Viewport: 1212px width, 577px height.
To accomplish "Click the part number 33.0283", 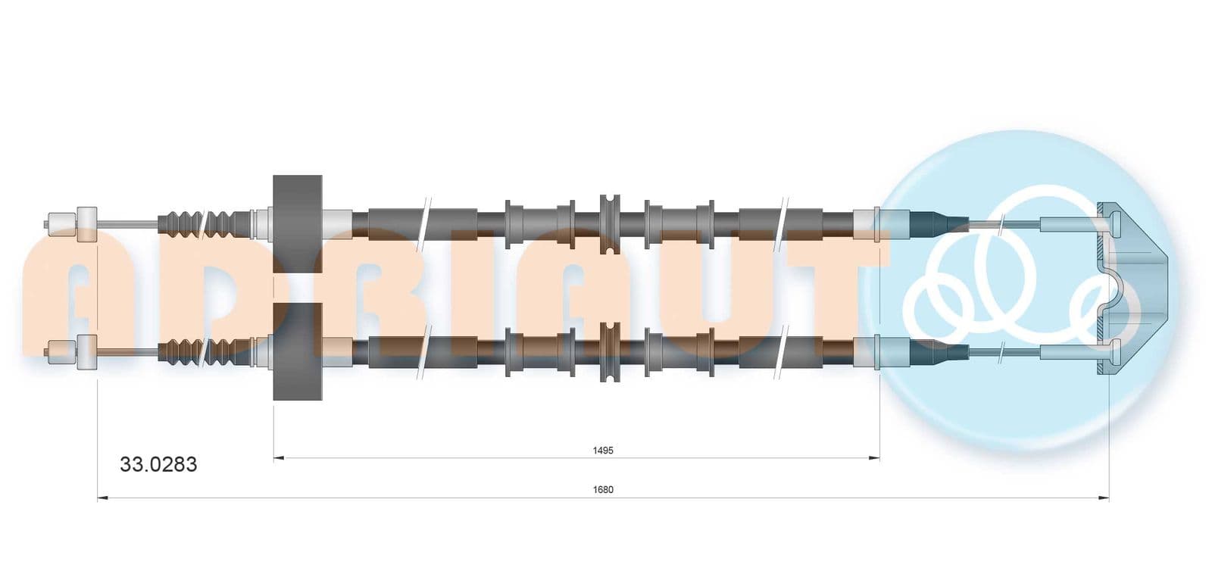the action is tap(158, 464).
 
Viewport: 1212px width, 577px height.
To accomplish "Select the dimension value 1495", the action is tap(603, 451).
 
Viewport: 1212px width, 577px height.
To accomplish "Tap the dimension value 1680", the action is tap(603, 490).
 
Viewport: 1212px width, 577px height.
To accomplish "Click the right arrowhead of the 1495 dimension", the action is tap(874, 458).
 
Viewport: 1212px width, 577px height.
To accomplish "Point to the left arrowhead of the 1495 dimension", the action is tap(280, 458).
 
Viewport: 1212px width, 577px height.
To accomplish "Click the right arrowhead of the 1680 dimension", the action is tap(1103, 497).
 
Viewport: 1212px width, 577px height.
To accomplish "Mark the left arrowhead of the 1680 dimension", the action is tap(103, 497).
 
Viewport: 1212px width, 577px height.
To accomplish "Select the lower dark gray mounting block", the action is tap(298, 351).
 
